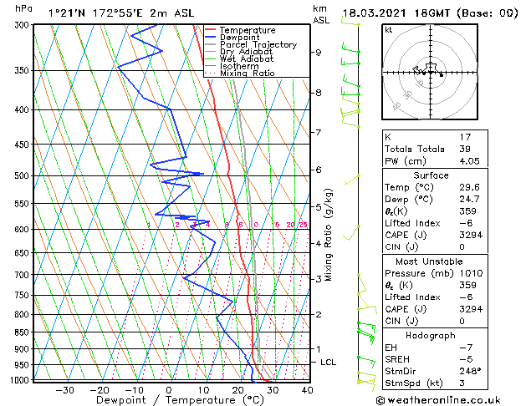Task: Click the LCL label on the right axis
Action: coord(329,362)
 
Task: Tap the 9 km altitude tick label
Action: coord(319,53)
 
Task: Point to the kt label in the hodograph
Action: coord(389,29)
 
